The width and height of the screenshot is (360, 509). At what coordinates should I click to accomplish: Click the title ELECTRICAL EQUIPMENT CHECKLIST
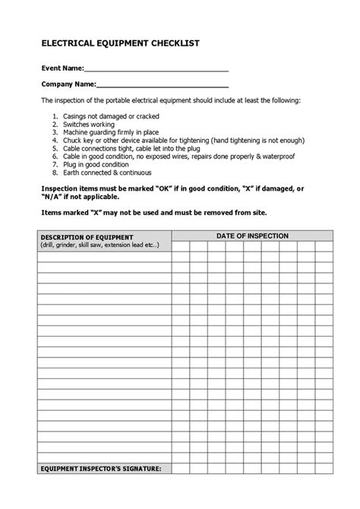click(x=121, y=43)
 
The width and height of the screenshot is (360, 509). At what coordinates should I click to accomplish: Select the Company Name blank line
click(x=163, y=85)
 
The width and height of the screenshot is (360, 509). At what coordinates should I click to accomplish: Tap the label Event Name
click(x=58, y=68)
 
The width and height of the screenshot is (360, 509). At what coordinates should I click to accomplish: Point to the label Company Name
click(x=68, y=84)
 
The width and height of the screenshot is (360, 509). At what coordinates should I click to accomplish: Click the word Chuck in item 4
click(x=72, y=141)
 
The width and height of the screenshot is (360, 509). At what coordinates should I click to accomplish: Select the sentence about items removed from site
click(x=154, y=212)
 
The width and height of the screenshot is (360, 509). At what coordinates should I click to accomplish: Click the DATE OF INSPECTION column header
click(x=252, y=236)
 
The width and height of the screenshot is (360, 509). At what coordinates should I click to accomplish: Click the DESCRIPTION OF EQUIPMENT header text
click(x=87, y=238)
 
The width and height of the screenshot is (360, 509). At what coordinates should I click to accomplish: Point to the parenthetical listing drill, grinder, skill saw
click(x=99, y=245)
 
